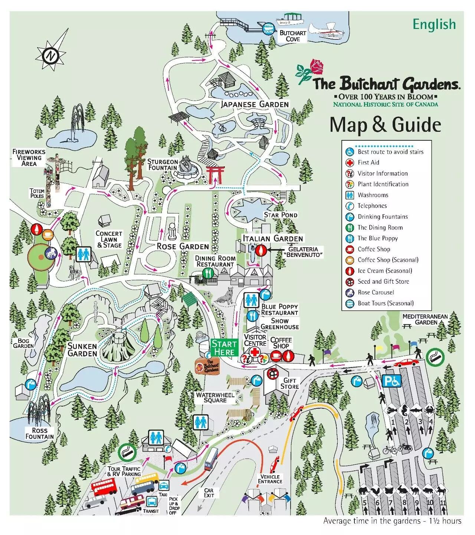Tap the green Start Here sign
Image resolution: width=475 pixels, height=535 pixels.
click(224, 348)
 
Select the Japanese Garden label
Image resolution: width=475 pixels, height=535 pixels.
click(255, 104)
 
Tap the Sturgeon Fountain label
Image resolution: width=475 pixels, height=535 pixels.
click(163, 164)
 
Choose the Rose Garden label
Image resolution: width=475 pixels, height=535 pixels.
click(183, 246)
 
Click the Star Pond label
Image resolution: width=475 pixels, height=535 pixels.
click(281, 215)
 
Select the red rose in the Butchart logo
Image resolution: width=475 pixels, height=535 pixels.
click(317, 66)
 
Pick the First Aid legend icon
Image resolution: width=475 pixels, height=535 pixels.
click(349, 163)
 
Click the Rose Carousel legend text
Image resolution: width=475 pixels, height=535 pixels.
click(376, 292)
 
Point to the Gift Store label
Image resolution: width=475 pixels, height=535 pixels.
click(289, 383)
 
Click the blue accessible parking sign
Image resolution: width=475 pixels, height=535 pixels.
click(392, 381)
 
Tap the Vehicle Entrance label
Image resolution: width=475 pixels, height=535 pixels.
click(270, 479)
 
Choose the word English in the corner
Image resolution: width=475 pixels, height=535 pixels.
click(434, 25)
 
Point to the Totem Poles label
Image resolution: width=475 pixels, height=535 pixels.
click(37, 193)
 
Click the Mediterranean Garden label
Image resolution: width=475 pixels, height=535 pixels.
click(425, 319)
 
